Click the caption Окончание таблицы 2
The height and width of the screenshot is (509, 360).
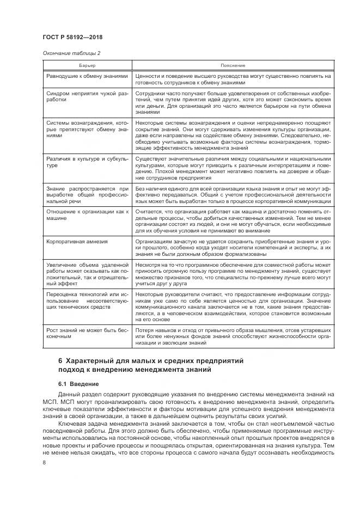(71, 53)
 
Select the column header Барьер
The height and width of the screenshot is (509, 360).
(87, 65)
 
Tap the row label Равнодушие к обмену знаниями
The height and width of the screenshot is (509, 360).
(87, 76)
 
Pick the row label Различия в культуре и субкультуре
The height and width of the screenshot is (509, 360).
(87, 162)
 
